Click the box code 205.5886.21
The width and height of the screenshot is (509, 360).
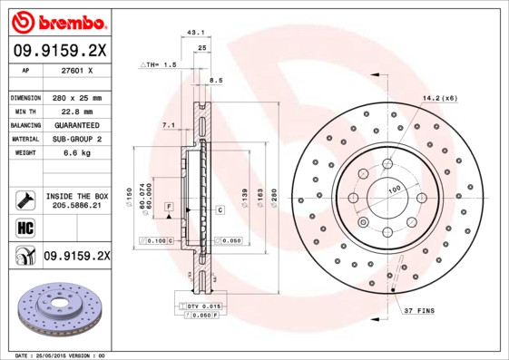[x=76, y=207]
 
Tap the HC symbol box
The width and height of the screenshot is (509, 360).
[x=24, y=227]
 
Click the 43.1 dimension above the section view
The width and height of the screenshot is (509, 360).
[x=193, y=33]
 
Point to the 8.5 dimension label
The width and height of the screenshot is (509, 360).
[x=215, y=82]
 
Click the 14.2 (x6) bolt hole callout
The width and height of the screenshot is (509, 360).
[x=438, y=98]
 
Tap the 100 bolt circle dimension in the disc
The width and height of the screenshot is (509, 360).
[x=394, y=190]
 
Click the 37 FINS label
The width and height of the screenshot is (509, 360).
[x=419, y=311]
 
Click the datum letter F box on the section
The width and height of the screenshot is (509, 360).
[x=168, y=209]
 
